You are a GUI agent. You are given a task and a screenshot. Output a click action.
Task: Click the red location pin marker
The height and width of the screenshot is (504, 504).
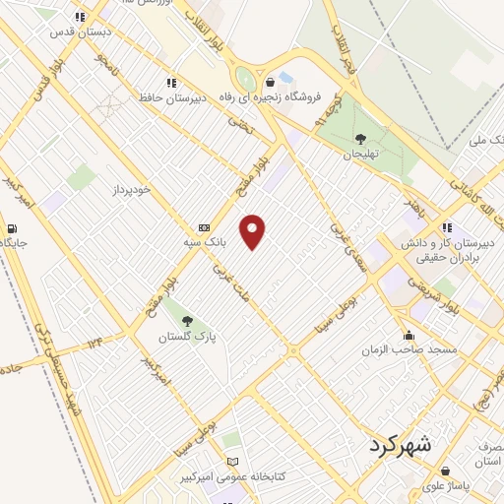[253, 230]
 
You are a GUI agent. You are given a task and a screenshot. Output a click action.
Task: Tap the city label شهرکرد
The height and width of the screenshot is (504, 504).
[400, 444]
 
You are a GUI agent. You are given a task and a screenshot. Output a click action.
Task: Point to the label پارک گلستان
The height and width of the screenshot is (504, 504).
[187, 337]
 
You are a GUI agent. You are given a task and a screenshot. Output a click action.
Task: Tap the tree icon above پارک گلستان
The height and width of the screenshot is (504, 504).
[187, 321]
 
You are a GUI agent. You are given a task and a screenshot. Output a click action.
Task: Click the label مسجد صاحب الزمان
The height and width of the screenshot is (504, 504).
[408, 350]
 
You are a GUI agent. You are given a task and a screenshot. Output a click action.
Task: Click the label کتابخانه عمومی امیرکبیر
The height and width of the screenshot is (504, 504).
[235, 476]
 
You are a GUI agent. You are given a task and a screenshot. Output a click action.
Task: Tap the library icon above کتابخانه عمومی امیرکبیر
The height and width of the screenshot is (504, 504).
[233, 462]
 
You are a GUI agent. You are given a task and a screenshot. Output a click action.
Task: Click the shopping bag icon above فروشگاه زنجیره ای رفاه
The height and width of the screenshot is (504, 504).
[271, 83]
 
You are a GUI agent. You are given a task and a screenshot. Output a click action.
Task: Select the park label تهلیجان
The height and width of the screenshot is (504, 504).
[360, 154]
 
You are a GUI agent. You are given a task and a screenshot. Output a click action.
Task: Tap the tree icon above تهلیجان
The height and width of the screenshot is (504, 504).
[360, 139]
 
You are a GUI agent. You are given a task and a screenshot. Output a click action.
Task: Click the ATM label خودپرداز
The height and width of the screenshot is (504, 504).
[129, 188]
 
